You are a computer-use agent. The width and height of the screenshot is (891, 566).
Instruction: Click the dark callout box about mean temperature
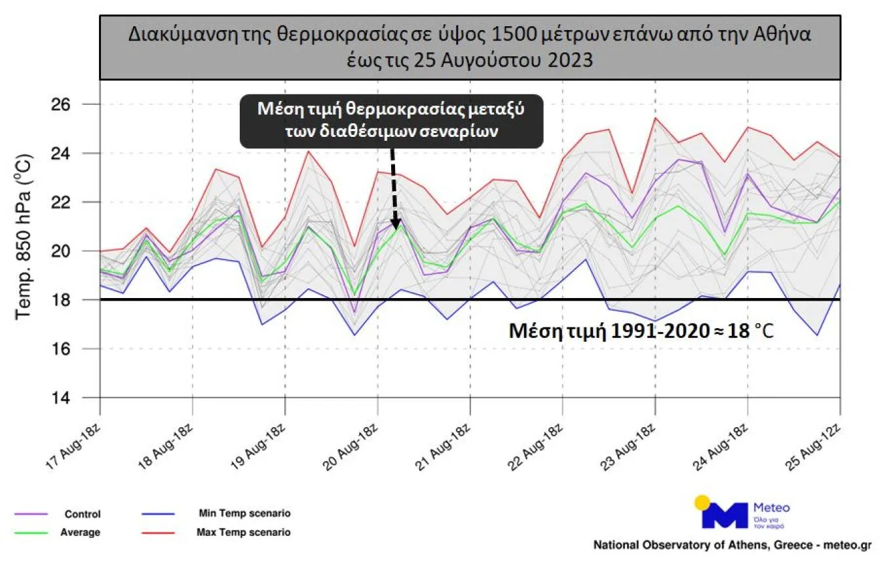[392, 121]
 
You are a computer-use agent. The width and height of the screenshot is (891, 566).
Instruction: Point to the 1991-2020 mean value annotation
[641, 331]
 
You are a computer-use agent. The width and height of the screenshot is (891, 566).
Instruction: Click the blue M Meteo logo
[724, 516]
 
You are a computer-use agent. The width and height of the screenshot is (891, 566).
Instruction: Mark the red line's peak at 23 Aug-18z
[655, 119]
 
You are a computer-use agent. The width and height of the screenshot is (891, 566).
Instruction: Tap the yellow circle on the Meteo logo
[702, 502]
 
